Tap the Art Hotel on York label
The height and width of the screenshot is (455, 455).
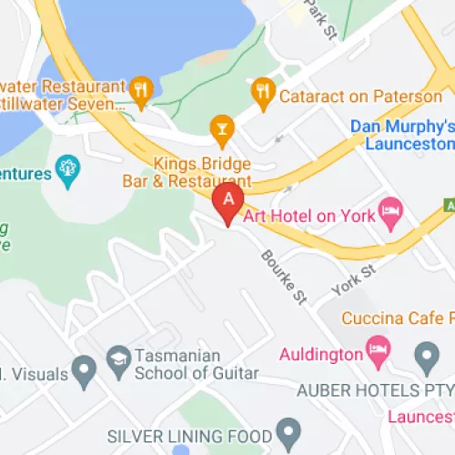point(309,216)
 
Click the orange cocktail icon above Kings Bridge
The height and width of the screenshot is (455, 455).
point(219,127)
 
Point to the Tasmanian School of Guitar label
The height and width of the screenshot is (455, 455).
point(196,364)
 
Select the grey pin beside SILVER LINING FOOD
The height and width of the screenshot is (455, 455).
point(288,429)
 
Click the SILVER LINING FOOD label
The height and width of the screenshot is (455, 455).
point(190,435)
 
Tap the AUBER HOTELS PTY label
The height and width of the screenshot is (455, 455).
point(373,389)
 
